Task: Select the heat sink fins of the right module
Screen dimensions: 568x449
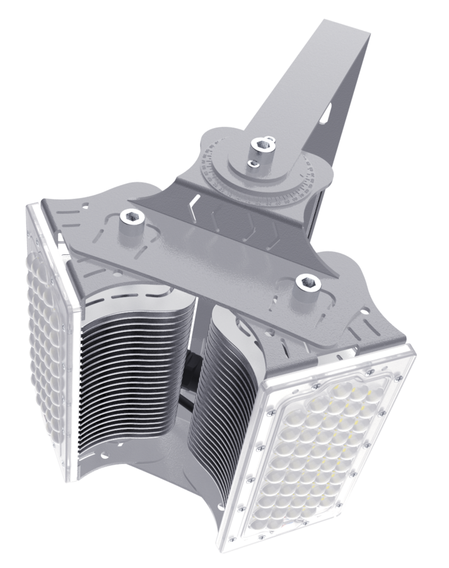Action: [221, 391]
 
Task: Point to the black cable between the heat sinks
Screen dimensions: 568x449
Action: [189, 379]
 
